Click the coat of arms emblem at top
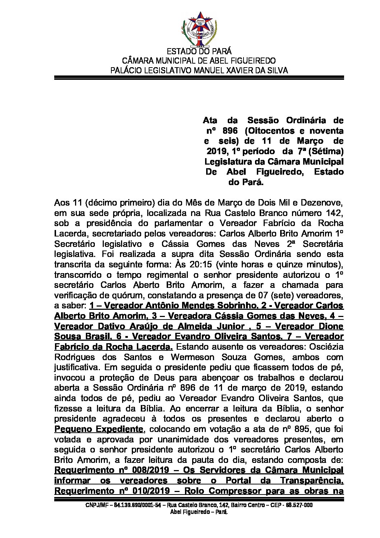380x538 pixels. pyautogui.click(x=198, y=29)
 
